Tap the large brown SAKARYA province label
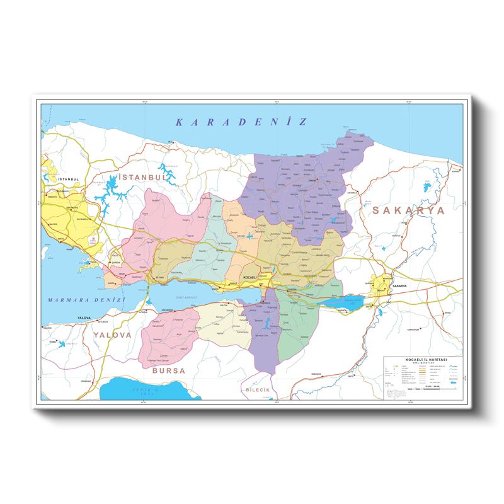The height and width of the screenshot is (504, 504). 407,210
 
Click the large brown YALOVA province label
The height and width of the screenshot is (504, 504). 113,335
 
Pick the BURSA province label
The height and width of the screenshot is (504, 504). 168,371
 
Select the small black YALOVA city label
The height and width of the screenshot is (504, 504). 84,318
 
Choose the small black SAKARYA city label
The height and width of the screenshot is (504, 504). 400,286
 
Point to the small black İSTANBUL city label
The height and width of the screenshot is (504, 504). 68,180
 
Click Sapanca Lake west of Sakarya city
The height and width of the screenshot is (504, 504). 343,302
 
